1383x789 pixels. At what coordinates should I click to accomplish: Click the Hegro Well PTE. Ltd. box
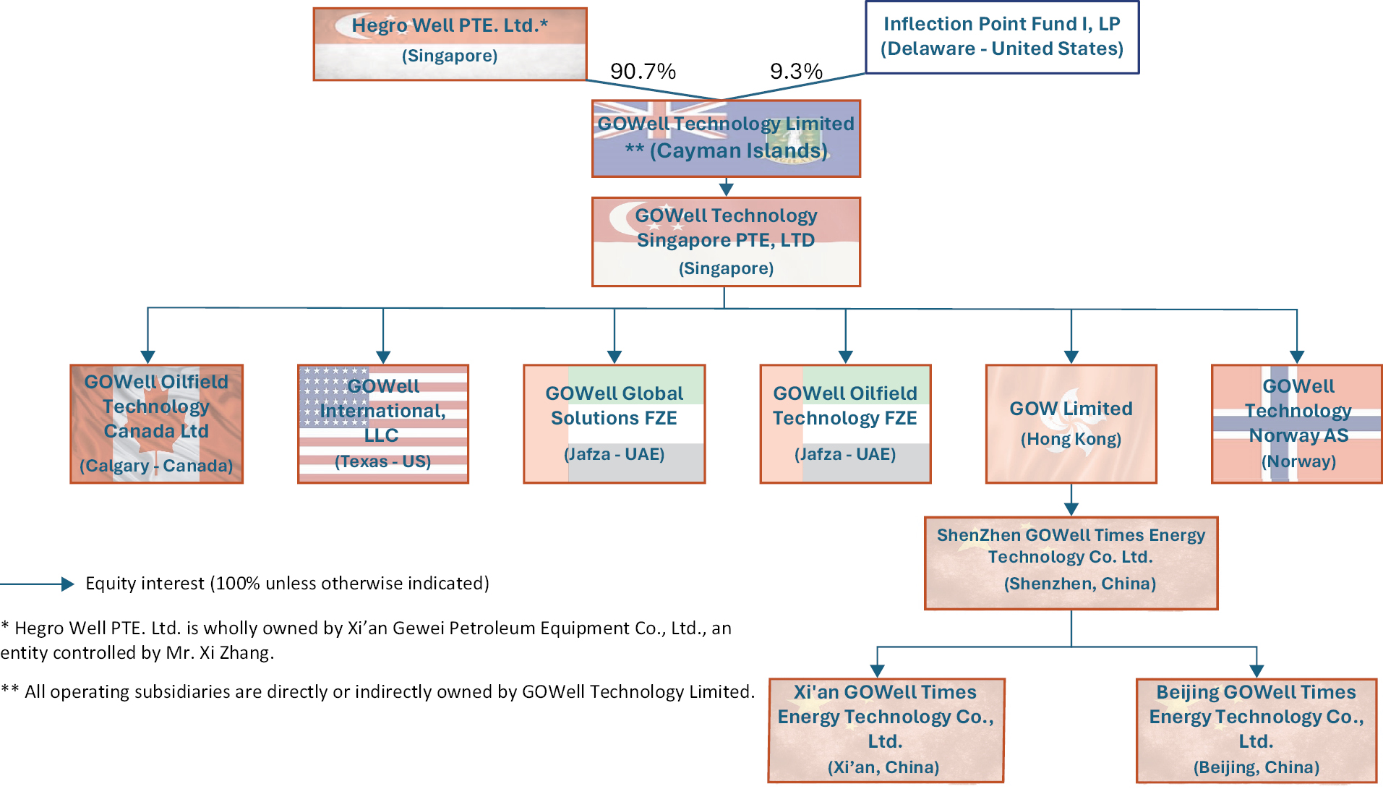(x=450, y=44)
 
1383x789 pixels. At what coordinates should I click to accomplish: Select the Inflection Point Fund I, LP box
(x=1002, y=37)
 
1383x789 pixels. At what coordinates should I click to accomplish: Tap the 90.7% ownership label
(x=643, y=71)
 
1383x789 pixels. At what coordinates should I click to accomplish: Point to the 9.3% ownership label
(x=796, y=71)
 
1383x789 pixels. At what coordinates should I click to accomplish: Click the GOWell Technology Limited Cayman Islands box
(x=726, y=138)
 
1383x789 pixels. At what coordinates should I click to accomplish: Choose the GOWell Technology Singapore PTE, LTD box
(x=726, y=242)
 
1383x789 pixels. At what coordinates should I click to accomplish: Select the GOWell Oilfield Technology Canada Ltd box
(x=156, y=424)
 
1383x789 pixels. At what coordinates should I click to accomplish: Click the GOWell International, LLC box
(x=383, y=424)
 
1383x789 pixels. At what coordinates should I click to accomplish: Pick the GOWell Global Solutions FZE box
(x=614, y=424)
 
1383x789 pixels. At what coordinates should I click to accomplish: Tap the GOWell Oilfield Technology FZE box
(x=845, y=424)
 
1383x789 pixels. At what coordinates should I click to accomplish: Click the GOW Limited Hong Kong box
(x=1071, y=424)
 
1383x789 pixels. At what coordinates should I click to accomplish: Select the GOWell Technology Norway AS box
(x=1297, y=424)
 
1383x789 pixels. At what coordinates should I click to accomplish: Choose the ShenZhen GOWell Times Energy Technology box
(x=1071, y=563)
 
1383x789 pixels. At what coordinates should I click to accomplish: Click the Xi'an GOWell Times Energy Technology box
(x=886, y=730)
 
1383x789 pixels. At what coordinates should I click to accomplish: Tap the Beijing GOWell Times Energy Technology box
(x=1256, y=730)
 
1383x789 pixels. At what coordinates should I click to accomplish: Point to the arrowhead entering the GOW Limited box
(x=1071, y=357)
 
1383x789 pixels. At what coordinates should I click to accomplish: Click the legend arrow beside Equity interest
(x=38, y=584)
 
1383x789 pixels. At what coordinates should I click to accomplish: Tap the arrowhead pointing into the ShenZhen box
(x=1071, y=509)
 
